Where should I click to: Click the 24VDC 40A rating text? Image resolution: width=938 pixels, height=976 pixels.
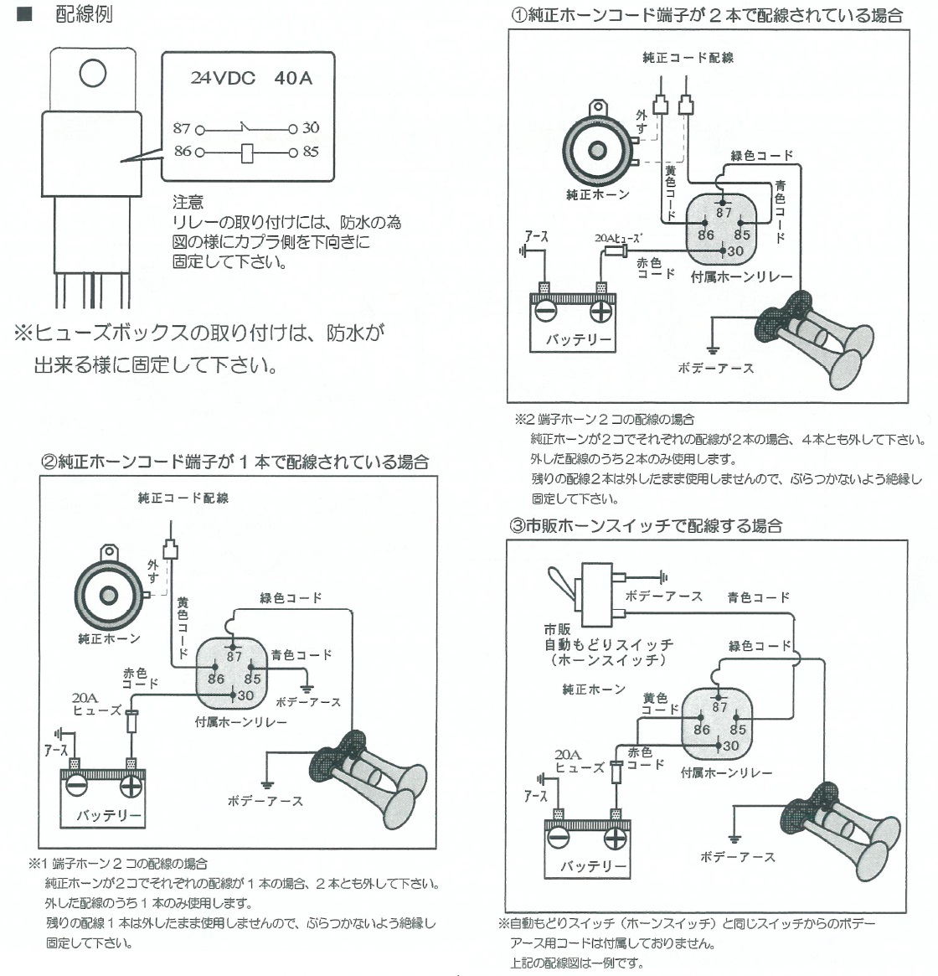pyautogui.click(x=250, y=78)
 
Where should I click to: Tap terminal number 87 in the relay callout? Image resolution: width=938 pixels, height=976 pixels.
pyautogui.click(x=182, y=128)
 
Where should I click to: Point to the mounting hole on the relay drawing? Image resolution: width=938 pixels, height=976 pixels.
pyautogui.click(x=93, y=74)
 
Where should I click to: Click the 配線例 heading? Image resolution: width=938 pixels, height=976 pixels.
pyautogui.click(x=84, y=14)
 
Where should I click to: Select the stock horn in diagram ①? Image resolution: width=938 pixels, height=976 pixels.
pyautogui.click(x=596, y=150)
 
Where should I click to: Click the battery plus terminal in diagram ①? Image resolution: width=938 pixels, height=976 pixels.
pyautogui.click(x=600, y=311)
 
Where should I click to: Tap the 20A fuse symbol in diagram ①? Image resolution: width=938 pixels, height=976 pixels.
pyautogui.click(x=617, y=250)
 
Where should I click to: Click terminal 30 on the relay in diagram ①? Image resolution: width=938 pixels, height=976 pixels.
pyautogui.click(x=734, y=250)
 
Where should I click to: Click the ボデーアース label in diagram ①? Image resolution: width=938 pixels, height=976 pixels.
pyautogui.click(x=716, y=368)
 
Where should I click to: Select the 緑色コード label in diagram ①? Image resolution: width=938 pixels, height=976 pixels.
pyautogui.click(x=761, y=156)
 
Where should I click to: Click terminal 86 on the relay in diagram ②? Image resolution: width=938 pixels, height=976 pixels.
pyautogui.click(x=216, y=679)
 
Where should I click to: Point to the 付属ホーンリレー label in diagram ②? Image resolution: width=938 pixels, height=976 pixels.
pyautogui.click(x=241, y=721)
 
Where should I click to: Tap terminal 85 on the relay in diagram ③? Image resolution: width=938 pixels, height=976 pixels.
pyautogui.click(x=738, y=729)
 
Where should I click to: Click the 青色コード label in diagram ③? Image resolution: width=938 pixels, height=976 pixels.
pyautogui.click(x=759, y=597)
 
